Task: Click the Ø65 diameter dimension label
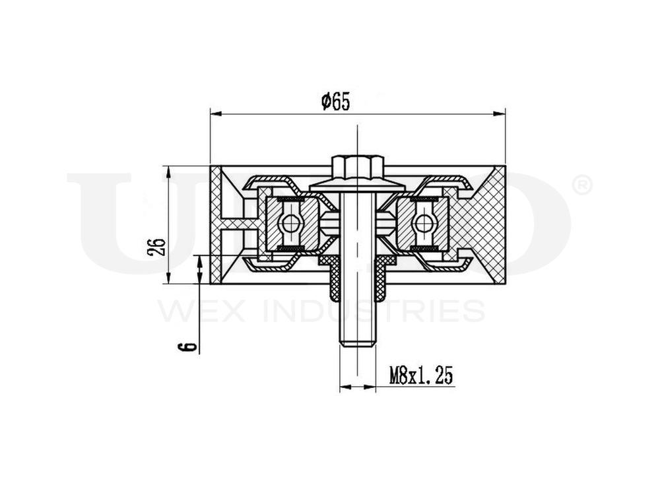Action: (335, 102)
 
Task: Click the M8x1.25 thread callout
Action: (420, 376)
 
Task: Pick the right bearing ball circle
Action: (422, 225)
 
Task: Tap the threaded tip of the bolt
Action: (356, 333)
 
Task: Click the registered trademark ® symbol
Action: (583, 185)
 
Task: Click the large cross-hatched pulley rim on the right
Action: (485, 224)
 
